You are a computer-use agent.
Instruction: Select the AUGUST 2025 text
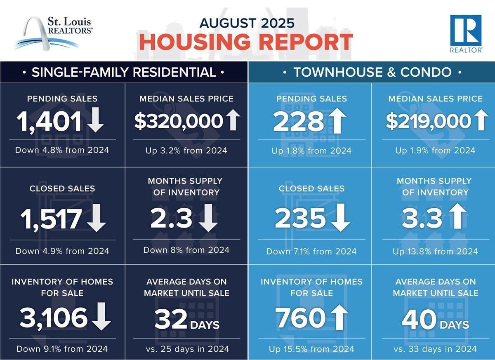[247, 23]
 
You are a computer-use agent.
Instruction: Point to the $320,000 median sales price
[179, 121]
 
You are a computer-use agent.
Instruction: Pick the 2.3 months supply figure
[171, 219]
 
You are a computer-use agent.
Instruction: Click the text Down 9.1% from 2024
[62, 349]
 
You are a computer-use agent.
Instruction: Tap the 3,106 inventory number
[54, 318]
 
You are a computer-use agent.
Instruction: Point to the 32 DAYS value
[186, 319]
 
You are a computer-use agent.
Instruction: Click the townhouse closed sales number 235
[300, 219]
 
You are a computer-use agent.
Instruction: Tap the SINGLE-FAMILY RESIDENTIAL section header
[124, 73]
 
